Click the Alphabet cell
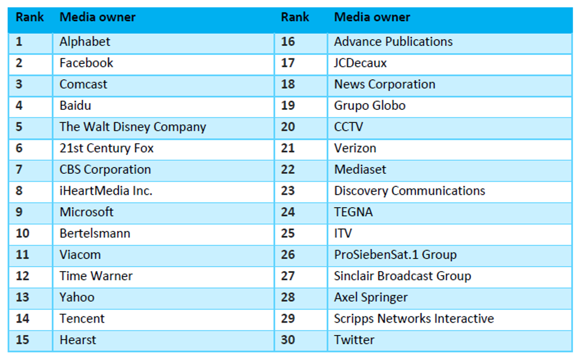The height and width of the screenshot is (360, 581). [x=85, y=42]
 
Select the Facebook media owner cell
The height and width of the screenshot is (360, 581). [x=86, y=63]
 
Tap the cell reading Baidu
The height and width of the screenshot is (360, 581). [x=75, y=106]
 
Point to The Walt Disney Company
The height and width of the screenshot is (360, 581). [x=132, y=127]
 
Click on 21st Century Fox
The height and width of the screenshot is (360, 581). [x=106, y=148]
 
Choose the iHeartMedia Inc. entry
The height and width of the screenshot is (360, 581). [x=106, y=191]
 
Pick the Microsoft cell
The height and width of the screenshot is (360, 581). [x=86, y=212]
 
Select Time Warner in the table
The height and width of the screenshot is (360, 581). [x=96, y=276]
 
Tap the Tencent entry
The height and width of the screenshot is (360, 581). [x=82, y=319]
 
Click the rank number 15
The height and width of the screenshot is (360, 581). [x=23, y=340]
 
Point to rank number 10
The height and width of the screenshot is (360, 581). [x=23, y=233]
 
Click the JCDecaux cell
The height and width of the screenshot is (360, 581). [x=360, y=63]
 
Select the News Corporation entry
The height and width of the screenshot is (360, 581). [x=385, y=84]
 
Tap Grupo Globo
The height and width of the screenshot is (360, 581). [x=369, y=106]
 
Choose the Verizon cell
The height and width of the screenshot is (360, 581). [x=355, y=148]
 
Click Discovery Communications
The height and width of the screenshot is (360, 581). [x=410, y=191]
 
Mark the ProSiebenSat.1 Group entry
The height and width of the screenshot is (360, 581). [x=395, y=255]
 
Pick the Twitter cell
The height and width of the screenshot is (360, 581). [x=354, y=340]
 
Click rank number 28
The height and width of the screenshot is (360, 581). [x=288, y=298]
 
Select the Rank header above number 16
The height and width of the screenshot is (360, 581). [x=295, y=18]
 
